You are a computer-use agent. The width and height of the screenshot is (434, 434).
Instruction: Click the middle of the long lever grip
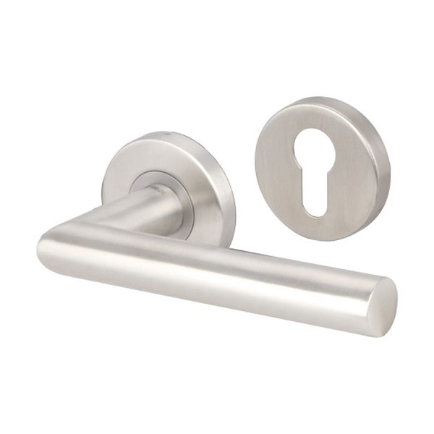[x=217, y=271]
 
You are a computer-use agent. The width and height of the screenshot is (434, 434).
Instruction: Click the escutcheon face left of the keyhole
[x=278, y=174]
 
